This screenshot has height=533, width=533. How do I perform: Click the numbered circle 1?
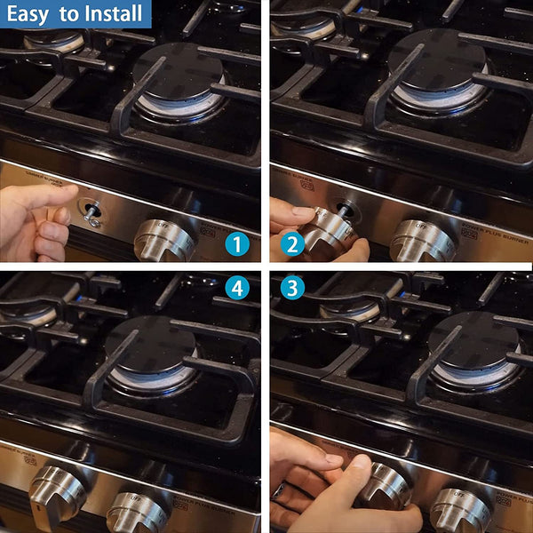(x=236, y=243)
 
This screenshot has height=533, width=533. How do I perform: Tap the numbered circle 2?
(x=290, y=243)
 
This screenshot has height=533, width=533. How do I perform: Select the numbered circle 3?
(x=290, y=289)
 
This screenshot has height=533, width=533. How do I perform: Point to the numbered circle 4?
(x=236, y=289)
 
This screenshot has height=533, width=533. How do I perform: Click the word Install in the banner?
(x=114, y=13)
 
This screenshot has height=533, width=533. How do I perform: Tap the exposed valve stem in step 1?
(x=90, y=211)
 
